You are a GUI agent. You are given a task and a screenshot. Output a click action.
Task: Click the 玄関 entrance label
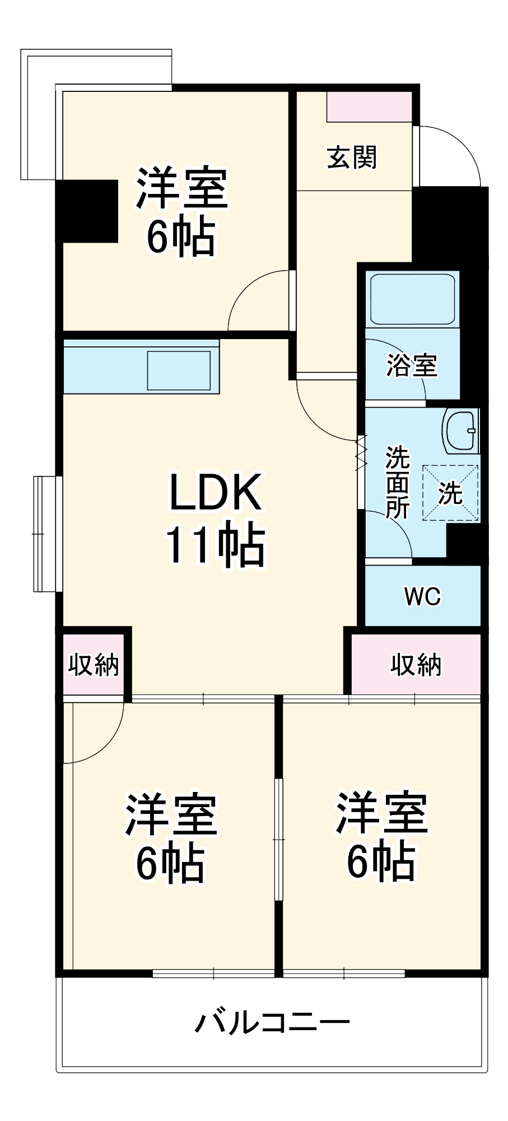click(352, 158)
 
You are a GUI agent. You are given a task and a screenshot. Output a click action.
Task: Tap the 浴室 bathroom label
click(412, 365)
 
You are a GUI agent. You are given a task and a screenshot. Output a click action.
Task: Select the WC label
click(422, 596)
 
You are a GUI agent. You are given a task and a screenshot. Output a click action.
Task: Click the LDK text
click(216, 492)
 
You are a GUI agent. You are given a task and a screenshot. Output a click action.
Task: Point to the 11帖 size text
click(215, 544)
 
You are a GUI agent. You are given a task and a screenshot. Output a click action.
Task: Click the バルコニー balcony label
click(272, 1022)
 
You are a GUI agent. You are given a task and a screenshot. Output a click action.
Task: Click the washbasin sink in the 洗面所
click(460, 431)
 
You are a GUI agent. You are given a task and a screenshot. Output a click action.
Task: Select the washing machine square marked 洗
click(450, 493)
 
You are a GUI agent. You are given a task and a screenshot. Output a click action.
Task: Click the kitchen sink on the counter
click(179, 370)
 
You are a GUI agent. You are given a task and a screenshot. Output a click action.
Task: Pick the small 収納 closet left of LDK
click(93, 665)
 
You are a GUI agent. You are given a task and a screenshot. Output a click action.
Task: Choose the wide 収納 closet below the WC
click(416, 665)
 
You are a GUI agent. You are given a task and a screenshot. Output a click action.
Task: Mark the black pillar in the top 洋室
click(87, 211)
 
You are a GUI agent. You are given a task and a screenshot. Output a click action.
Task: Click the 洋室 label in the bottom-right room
click(381, 813)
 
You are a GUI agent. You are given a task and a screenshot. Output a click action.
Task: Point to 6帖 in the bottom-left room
click(170, 864)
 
